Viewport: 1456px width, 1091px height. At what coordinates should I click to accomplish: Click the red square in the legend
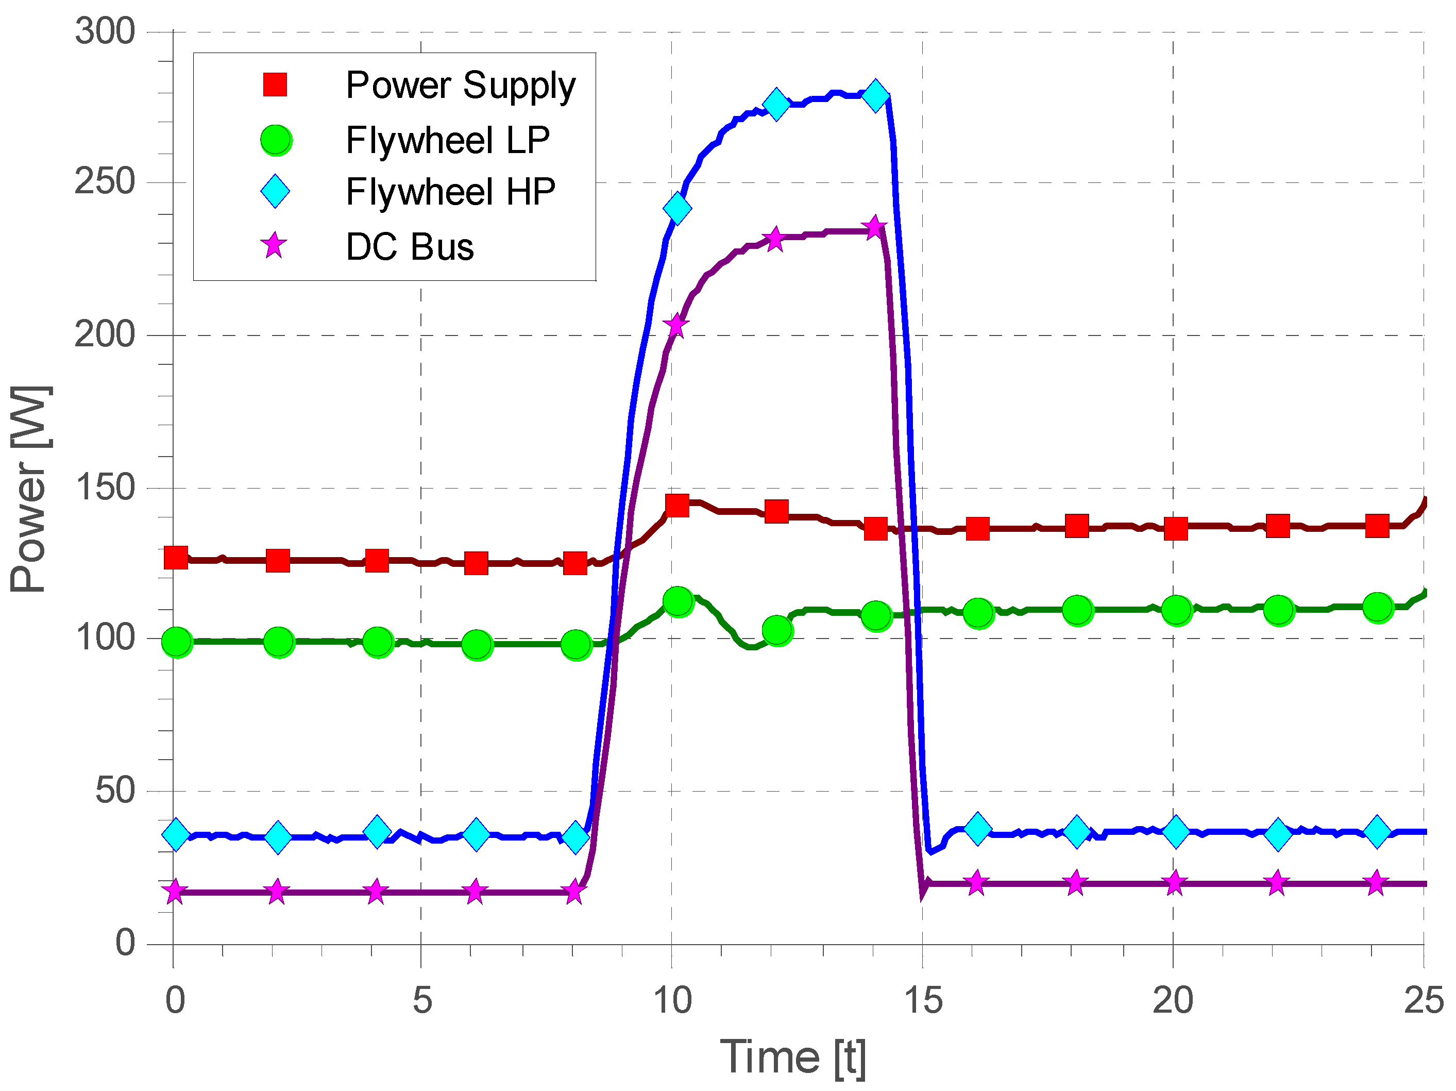point(275,85)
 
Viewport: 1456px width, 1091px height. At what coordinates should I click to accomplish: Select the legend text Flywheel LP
point(448,140)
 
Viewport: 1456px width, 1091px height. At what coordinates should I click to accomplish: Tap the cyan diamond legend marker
point(275,192)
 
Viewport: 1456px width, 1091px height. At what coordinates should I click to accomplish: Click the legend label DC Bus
point(410,247)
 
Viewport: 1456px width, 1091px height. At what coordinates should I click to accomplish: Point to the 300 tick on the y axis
point(105,31)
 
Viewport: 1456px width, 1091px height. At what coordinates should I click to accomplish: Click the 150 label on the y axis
point(105,488)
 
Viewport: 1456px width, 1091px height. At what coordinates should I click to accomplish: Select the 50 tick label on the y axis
point(115,790)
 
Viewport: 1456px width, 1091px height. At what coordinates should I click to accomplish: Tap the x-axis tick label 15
point(923,1000)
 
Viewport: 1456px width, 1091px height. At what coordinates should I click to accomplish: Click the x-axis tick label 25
point(1423,1000)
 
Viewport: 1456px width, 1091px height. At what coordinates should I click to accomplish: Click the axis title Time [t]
point(792,1058)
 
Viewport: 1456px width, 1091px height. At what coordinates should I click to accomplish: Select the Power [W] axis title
point(29,489)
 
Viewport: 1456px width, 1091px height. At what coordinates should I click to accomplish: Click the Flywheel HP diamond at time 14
point(875,95)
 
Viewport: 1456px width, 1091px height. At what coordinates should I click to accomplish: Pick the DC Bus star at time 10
point(676,325)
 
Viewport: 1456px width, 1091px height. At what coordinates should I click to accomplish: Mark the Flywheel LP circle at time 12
point(777,631)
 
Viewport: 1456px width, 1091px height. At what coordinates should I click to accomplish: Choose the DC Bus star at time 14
point(874,228)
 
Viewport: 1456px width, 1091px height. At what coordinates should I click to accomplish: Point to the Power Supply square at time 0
point(176,558)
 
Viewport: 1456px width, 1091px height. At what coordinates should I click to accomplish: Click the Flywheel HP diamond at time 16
point(977,828)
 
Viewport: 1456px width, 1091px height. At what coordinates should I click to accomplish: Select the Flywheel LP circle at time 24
point(1378,607)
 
